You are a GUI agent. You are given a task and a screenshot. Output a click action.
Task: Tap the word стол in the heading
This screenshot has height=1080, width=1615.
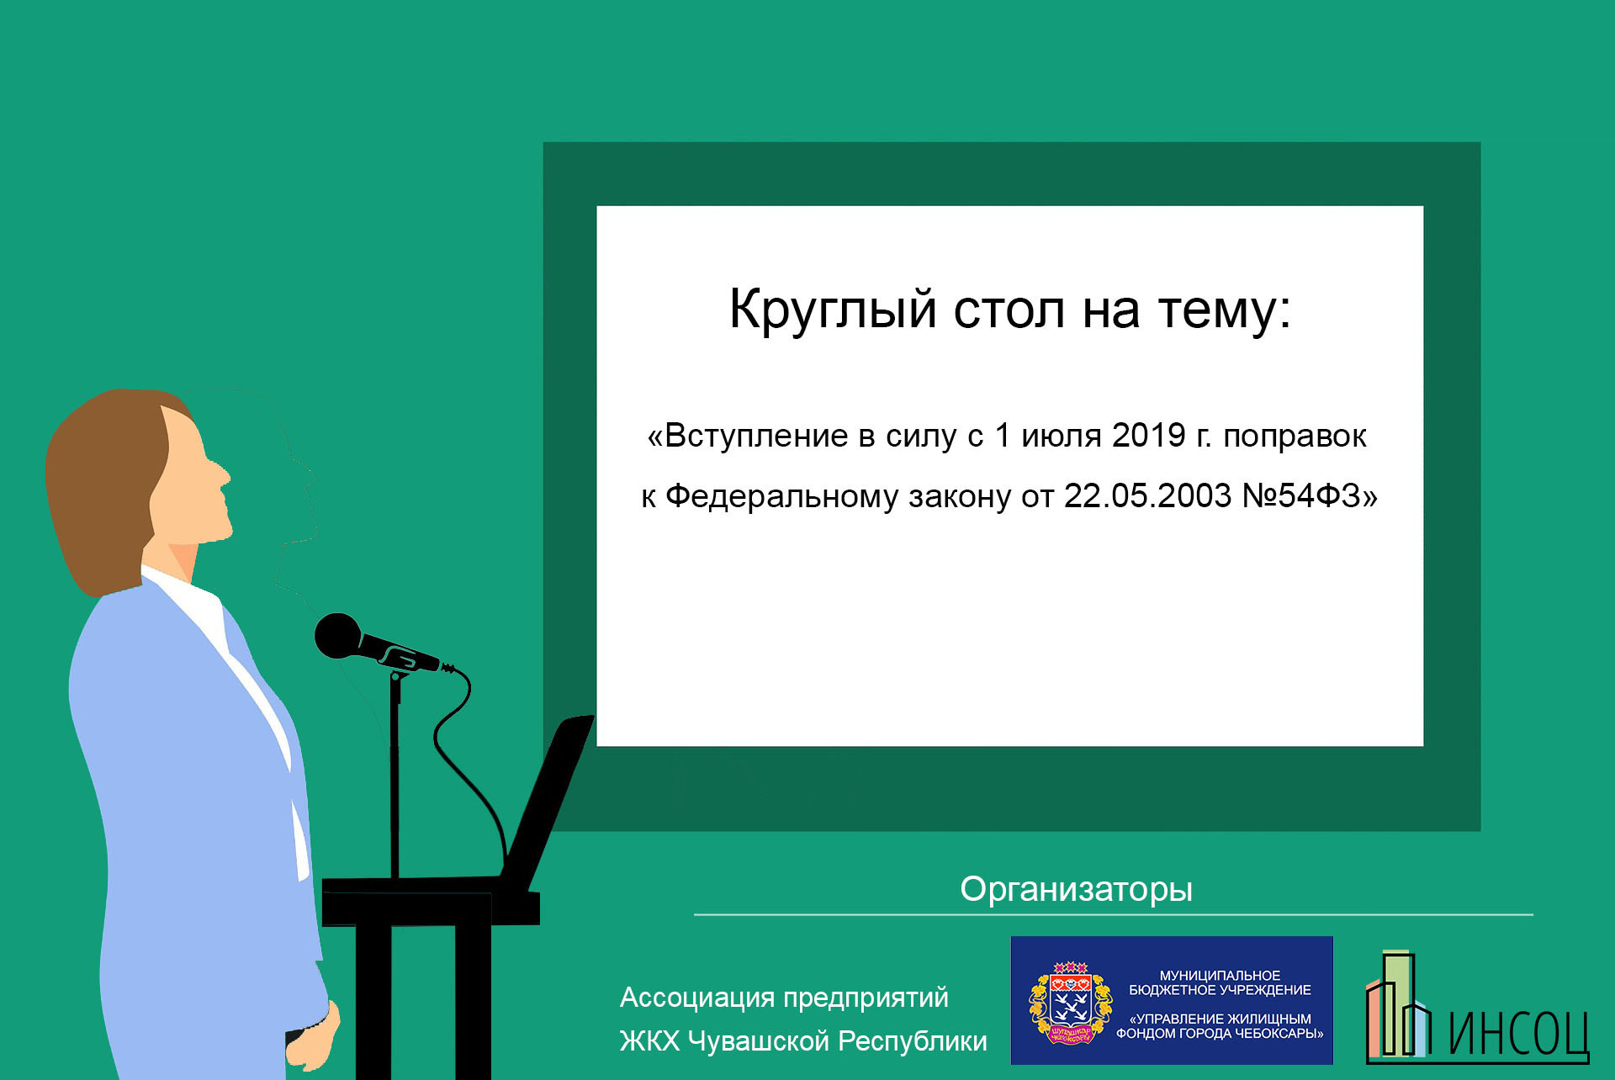[x=1009, y=310]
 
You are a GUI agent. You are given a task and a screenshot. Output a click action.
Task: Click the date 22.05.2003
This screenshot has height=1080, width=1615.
[x=1147, y=495]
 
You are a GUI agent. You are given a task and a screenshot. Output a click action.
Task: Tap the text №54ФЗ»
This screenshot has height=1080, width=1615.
[x=1310, y=495]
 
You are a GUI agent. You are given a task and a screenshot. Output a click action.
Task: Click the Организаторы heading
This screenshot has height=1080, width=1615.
[x=1076, y=890]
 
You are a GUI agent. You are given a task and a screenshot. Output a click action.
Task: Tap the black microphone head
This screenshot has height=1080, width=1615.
[x=337, y=636]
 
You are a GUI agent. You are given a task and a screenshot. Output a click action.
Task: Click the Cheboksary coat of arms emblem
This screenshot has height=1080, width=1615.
[x=1070, y=1003]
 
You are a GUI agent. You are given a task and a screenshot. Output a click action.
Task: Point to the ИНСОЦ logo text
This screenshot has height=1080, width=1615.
[x=1518, y=1033]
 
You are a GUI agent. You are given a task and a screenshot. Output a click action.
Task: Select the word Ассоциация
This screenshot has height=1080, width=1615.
[x=697, y=998]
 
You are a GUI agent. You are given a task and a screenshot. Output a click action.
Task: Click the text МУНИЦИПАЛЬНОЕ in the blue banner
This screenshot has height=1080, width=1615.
[x=1220, y=976]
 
